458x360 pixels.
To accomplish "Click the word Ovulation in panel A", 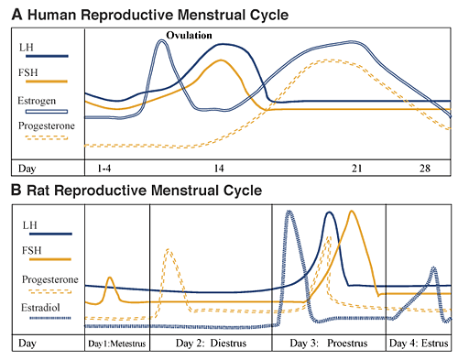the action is (189, 36).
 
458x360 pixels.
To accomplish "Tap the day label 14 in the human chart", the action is (219, 169).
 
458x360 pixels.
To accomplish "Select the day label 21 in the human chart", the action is (356, 169).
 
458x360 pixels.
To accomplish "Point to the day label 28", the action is (425, 169).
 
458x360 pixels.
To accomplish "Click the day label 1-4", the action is (104, 169).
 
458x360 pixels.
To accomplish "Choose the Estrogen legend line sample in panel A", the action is (47, 112).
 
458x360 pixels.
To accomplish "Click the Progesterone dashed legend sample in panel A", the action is (47, 137).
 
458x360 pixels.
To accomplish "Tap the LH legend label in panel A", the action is (27, 48).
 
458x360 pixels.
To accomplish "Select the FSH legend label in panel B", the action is (31, 251).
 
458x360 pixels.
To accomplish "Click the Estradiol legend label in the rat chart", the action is (40, 308).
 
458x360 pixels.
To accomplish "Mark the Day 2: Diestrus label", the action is (211, 344).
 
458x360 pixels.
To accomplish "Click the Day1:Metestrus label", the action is (117, 344).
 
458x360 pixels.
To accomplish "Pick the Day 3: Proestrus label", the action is (329, 344).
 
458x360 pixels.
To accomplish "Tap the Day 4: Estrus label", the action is (419, 344).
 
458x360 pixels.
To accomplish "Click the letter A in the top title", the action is (17, 15).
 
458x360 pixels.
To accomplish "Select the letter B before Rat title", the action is (16, 190).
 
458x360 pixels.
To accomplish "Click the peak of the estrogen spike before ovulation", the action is (162, 41).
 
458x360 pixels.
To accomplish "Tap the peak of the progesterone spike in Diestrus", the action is (169, 250).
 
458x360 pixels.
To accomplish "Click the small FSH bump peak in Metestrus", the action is (110, 278).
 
